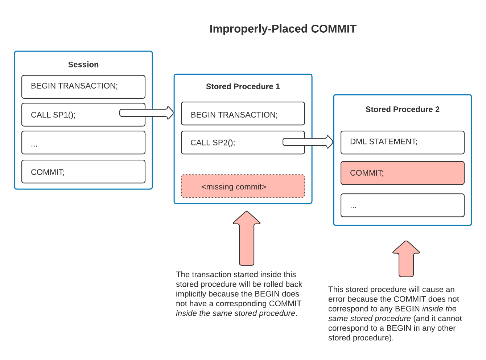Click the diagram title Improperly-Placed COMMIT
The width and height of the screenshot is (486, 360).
click(x=283, y=29)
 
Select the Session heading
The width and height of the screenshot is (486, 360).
click(x=83, y=65)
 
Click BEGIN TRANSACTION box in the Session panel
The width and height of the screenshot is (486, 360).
click(x=83, y=87)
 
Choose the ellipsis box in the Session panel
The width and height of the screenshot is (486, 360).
click(x=83, y=143)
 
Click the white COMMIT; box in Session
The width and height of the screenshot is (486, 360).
click(x=83, y=172)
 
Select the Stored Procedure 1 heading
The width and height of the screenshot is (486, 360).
click(x=243, y=86)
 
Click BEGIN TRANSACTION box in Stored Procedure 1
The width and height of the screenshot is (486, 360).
click(x=243, y=114)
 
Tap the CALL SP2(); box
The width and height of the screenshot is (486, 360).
click(x=232, y=143)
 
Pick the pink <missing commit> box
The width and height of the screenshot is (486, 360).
click(x=243, y=187)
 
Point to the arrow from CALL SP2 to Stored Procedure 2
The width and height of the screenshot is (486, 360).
click(x=308, y=142)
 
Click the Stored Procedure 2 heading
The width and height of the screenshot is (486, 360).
click(x=403, y=109)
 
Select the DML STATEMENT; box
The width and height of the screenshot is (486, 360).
click(x=403, y=142)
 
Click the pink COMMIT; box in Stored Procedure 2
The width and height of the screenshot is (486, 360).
click(x=403, y=173)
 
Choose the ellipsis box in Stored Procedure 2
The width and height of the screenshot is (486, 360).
click(x=403, y=205)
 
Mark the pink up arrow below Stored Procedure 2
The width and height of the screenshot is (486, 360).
click(x=406, y=259)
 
